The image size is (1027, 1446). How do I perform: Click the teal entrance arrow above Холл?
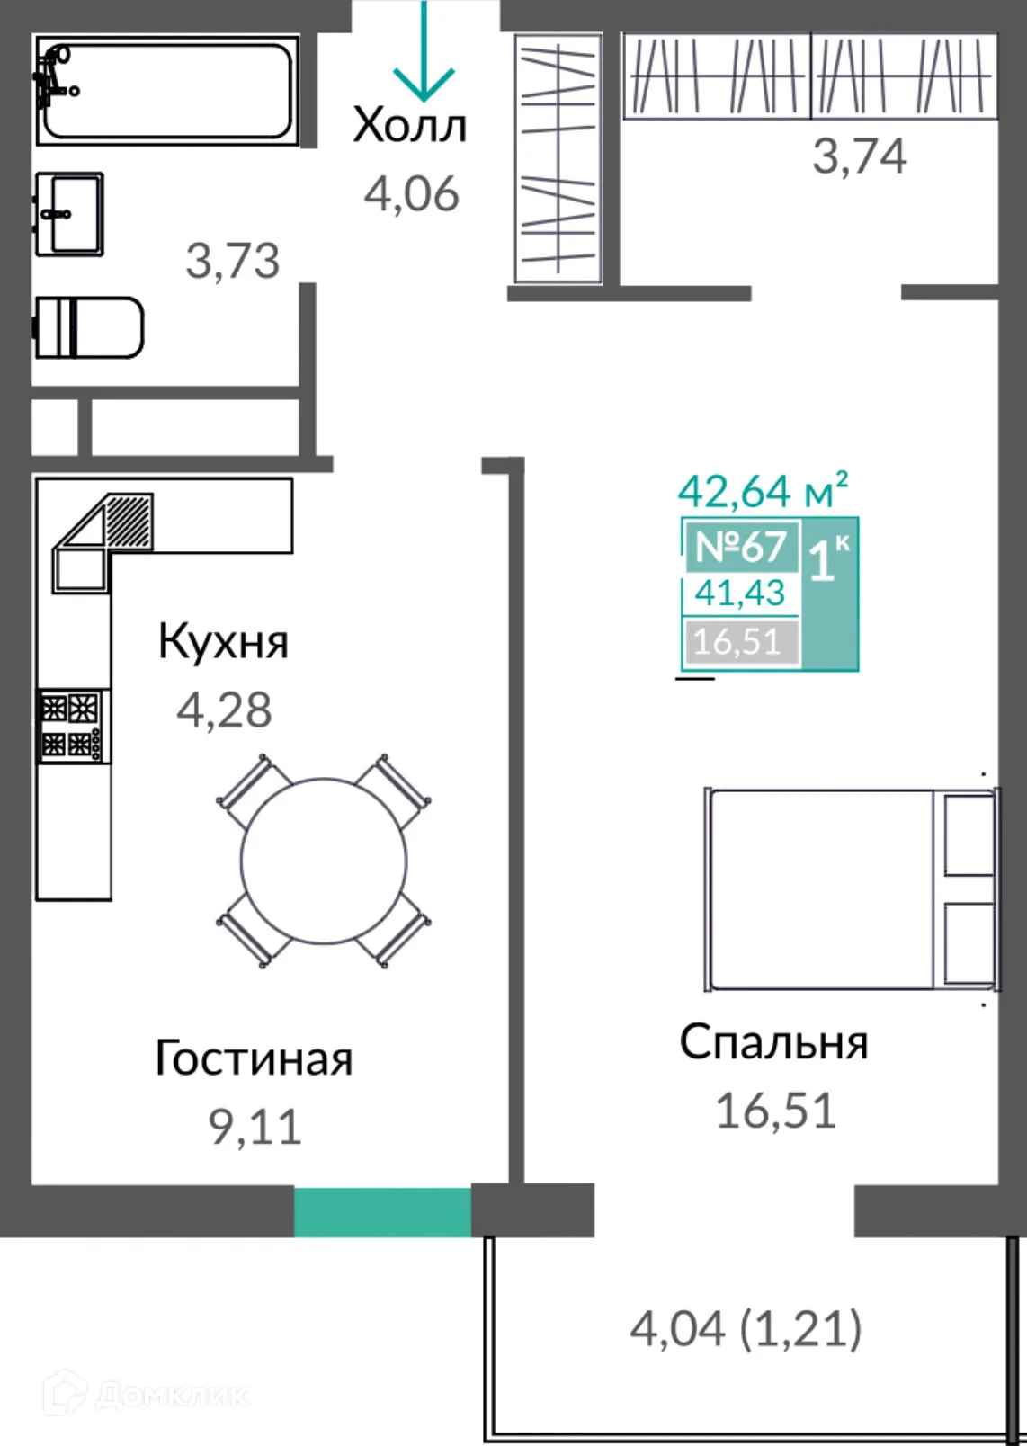(x=424, y=54)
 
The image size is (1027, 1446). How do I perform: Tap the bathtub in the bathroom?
(x=167, y=90)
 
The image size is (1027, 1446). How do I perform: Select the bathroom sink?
(x=69, y=215)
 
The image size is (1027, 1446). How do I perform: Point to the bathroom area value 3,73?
(x=232, y=261)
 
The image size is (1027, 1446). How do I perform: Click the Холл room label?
(x=410, y=126)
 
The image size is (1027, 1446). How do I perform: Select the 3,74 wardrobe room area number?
(x=859, y=156)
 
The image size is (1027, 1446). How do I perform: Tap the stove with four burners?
(x=72, y=726)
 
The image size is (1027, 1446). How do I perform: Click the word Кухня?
(x=223, y=642)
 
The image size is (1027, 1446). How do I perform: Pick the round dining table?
(x=324, y=861)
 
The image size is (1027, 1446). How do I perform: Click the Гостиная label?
(x=254, y=1058)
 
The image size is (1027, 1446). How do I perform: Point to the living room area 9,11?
(x=255, y=1127)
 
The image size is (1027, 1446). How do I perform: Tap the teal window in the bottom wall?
(x=382, y=1211)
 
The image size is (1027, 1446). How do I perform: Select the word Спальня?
(x=773, y=1043)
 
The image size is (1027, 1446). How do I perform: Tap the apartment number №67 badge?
(x=741, y=547)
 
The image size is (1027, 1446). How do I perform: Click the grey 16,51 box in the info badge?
(x=739, y=642)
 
